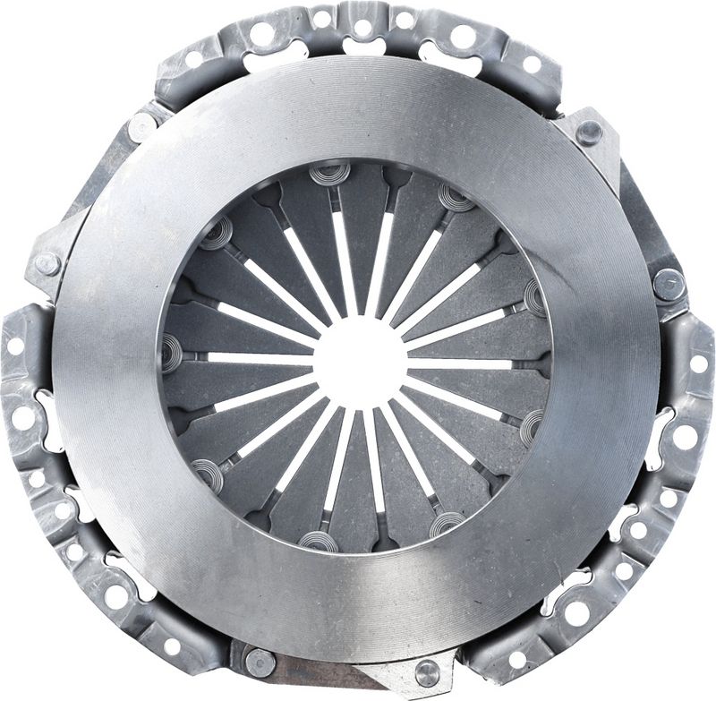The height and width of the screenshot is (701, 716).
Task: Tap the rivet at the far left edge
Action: click(47, 263)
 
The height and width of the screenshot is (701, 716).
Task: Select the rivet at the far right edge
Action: click(668, 284)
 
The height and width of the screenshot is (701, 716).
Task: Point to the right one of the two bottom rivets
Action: click(427, 671)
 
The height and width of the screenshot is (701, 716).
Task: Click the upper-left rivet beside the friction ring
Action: click(142, 127)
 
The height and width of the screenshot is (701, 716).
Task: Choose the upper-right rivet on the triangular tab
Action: click(588, 133)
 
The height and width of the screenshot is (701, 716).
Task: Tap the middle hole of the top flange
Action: click(362, 28)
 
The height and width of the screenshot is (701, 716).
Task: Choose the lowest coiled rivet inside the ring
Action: click(318, 541)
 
